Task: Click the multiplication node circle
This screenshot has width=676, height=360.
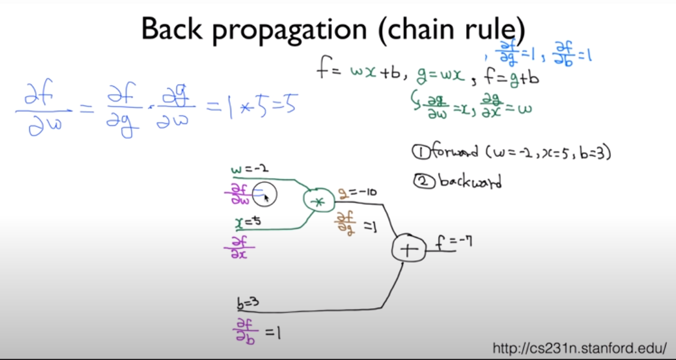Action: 318,200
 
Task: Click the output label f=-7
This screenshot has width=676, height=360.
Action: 454,243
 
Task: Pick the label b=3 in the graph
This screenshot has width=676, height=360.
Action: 249,302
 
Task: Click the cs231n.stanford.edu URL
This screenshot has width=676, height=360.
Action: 580,348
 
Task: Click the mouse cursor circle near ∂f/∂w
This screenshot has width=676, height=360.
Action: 265,194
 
